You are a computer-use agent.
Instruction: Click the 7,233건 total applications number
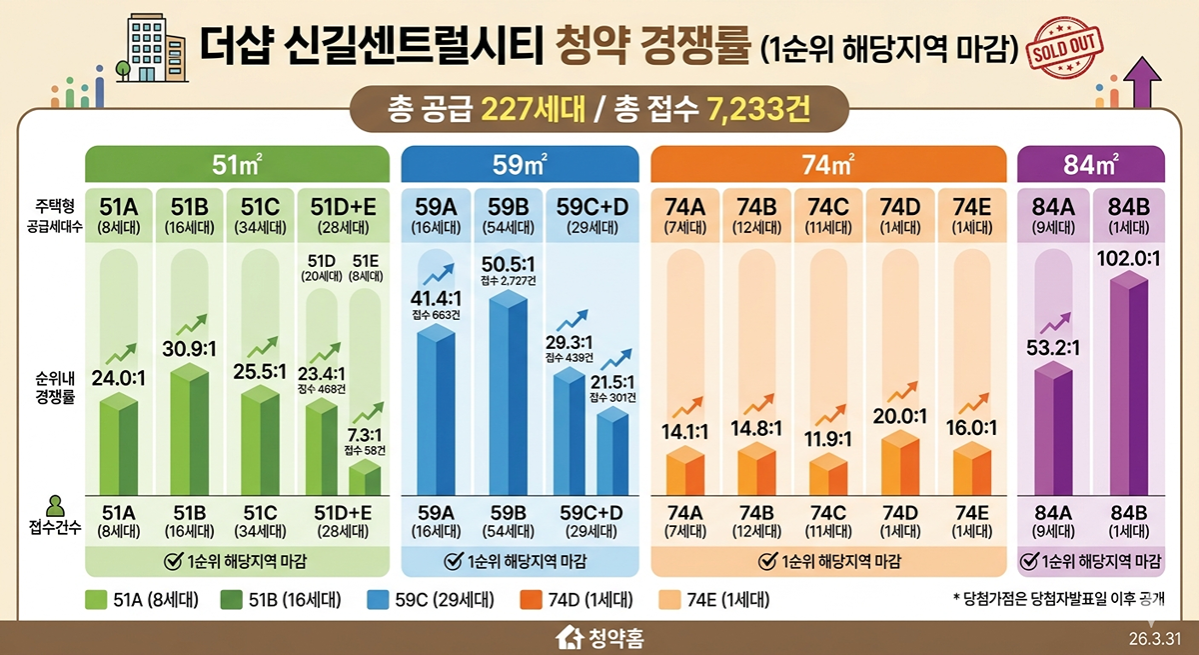pyautogui.click(x=754, y=107)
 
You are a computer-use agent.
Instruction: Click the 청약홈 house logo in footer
pyautogui.click(x=599, y=637)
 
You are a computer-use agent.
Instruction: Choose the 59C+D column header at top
pyautogui.click(x=593, y=207)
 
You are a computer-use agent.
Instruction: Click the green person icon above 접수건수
pyautogui.click(x=54, y=505)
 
